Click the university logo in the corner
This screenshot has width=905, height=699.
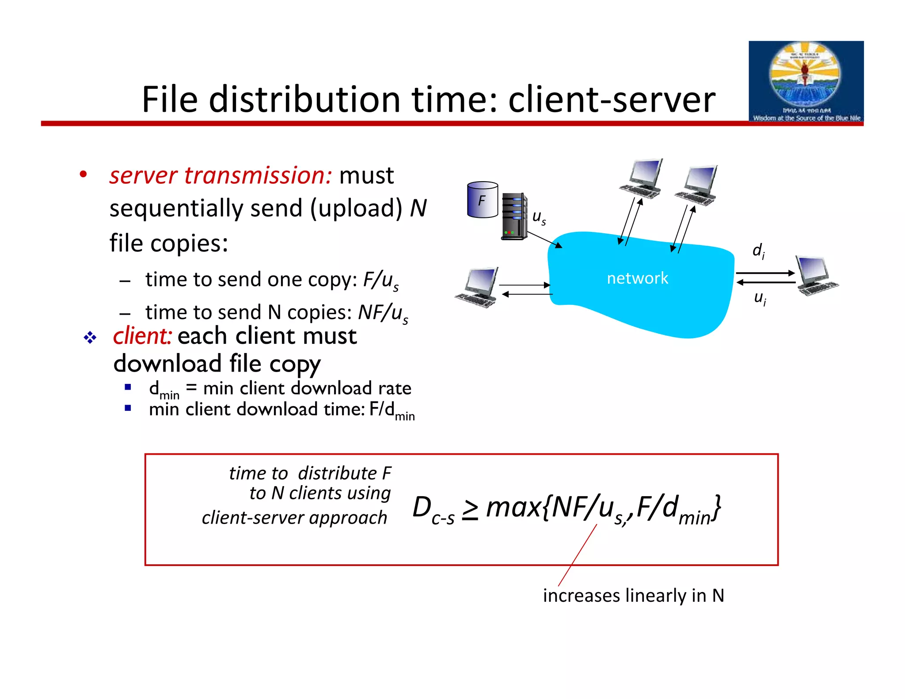[x=806, y=82]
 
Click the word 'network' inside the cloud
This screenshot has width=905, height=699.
[x=637, y=278]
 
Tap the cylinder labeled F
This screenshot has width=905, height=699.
[x=482, y=200]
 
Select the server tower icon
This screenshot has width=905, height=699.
[x=514, y=217]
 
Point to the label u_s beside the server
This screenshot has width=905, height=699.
[x=539, y=217]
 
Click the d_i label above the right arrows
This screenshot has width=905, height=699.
[x=758, y=251]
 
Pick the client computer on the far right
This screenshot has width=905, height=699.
[x=816, y=275]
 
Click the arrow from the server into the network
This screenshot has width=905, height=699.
[x=544, y=239]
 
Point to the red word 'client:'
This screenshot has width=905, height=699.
[x=142, y=336]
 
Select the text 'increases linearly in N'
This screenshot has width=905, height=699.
[x=633, y=596]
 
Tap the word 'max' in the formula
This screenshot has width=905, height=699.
[x=513, y=508]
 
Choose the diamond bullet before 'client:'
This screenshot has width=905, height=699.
[x=90, y=338]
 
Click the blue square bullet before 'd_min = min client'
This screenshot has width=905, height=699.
[x=128, y=387]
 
